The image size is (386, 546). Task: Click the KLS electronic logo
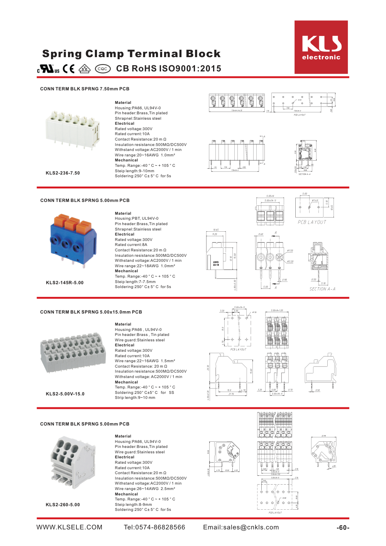pyautogui.click(x=321, y=47)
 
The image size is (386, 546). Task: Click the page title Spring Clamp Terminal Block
pyautogui.click(x=131, y=54)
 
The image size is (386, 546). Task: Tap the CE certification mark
pyautogui.click(x=69, y=69)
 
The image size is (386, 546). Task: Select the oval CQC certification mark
pyautogui.click(x=103, y=69)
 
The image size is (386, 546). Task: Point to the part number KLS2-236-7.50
pyautogui.click(x=63, y=173)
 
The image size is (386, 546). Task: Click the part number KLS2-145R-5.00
pyautogui.click(x=64, y=283)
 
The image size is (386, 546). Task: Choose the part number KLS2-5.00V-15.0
pyautogui.click(x=65, y=394)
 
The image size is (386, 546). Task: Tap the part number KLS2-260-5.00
pyautogui.click(x=63, y=505)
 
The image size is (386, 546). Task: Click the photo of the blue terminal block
pyautogui.click(x=73, y=239)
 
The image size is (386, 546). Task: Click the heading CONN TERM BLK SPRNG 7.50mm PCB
pyautogui.click(x=85, y=89)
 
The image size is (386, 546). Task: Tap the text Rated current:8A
pyautogui.click(x=131, y=245)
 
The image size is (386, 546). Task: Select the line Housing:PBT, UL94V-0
pyautogui.click(x=136, y=219)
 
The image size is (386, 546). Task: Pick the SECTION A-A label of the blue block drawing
pyautogui.click(x=322, y=289)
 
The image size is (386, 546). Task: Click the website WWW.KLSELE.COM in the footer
pyautogui.click(x=69, y=527)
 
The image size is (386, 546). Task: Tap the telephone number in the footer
pyautogui.click(x=154, y=527)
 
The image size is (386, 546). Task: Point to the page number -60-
pyautogui.click(x=343, y=528)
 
